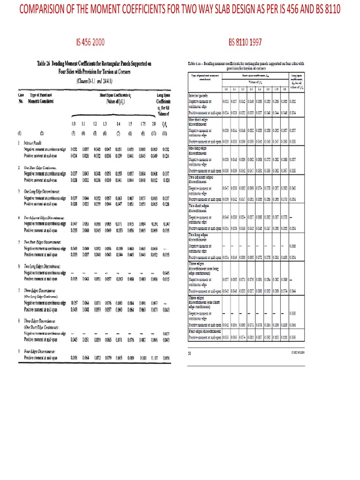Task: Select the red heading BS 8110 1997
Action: [x=245, y=43]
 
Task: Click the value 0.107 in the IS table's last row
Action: [x=153, y=357]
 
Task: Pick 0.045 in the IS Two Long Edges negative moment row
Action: [x=165, y=272]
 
